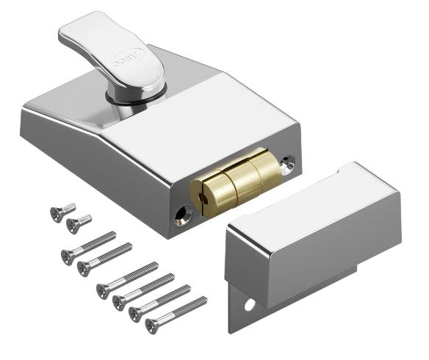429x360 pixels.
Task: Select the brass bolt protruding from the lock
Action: coord(235,179)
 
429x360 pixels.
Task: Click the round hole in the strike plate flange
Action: coord(250,303)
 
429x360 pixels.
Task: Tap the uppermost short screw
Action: coord(63,211)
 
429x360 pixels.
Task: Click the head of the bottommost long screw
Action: coord(152,323)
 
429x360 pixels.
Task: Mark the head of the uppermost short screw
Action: coord(56,214)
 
